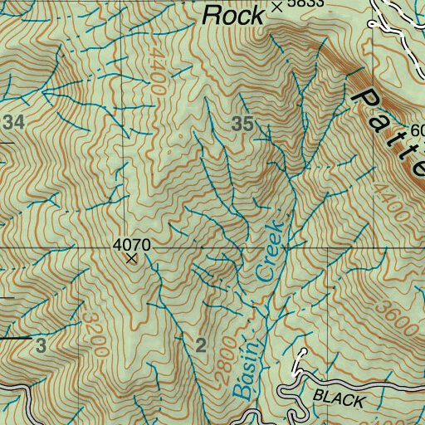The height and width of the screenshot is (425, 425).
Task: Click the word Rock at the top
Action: [x=233, y=14]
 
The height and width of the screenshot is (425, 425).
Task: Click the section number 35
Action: [x=242, y=124]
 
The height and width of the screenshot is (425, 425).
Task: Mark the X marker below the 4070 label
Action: [x=130, y=259]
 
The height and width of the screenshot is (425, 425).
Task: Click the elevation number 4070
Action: [x=130, y=245]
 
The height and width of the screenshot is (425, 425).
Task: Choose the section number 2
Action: [x=200, y=346]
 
